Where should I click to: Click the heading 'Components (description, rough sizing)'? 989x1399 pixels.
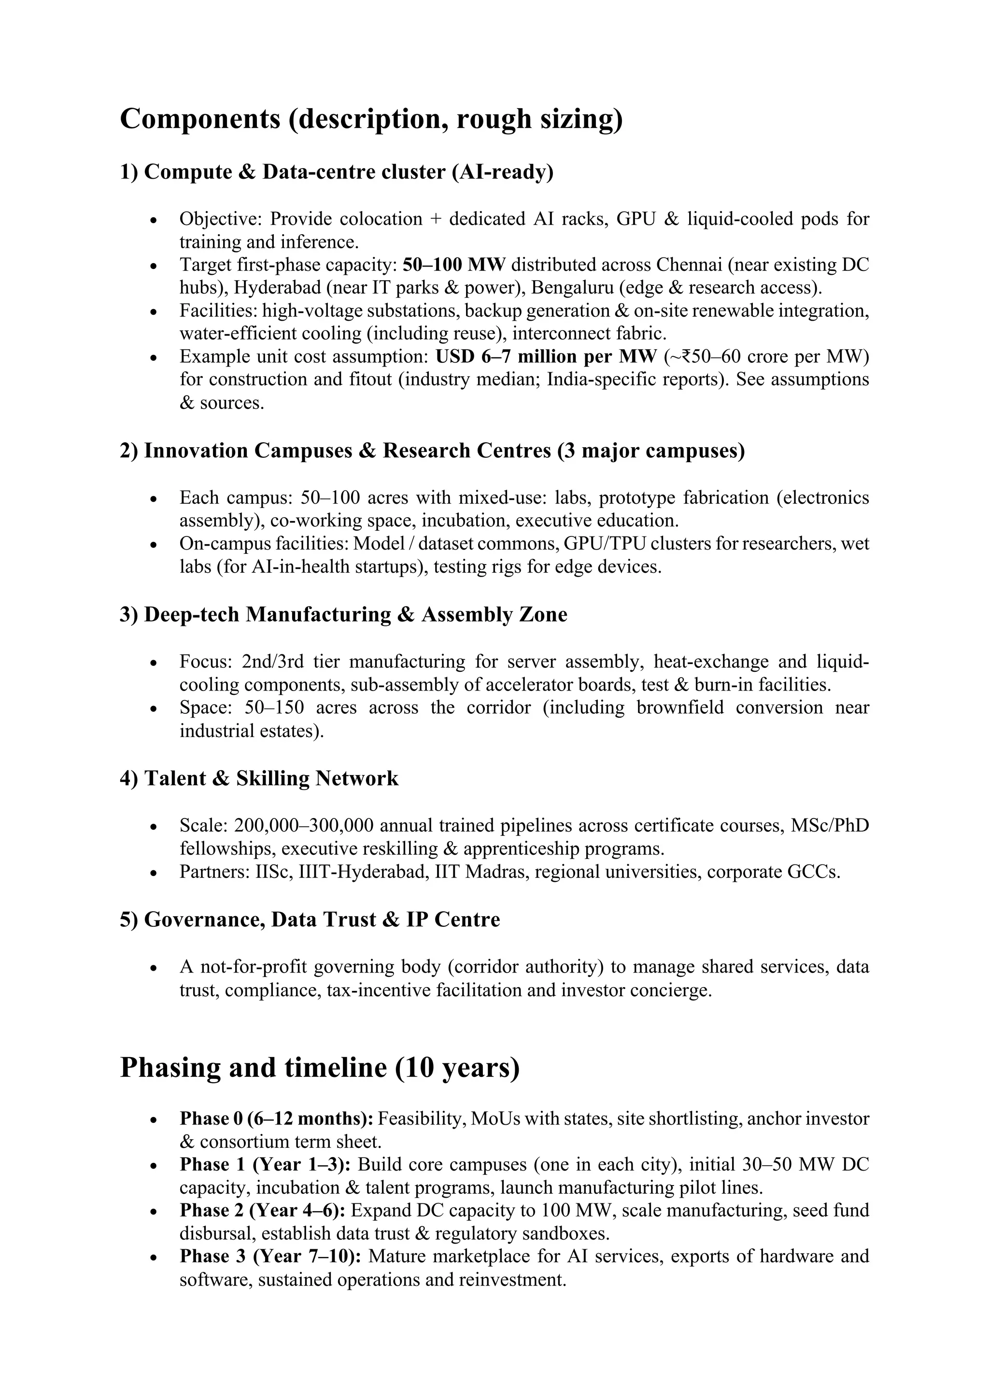371,118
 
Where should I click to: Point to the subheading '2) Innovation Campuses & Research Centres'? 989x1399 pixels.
431,451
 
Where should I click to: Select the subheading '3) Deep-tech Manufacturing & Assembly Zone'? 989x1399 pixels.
343,615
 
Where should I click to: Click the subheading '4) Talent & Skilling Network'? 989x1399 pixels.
259,779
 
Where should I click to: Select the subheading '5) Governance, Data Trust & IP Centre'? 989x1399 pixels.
310,919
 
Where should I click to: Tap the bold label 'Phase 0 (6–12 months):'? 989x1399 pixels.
277,1119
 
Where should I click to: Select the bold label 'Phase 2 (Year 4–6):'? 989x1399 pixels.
263,1210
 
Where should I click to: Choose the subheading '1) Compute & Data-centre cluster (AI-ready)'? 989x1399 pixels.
337,172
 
